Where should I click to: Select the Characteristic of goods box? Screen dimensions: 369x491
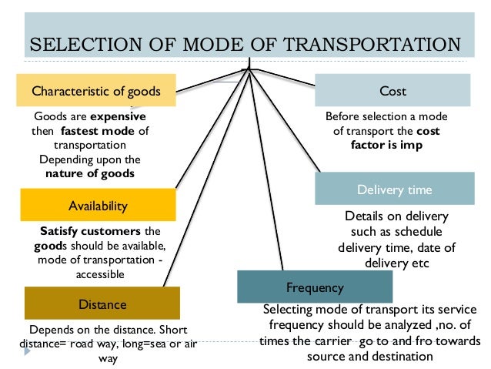click(x=95, y=91)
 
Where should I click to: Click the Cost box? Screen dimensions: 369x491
click(x=392, y=91)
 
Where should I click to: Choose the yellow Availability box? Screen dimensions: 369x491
click(x=98, y=206)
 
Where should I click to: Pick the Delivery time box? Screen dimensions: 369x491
click(x=394, y=189)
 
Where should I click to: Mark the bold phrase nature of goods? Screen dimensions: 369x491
click(x=90, y=173)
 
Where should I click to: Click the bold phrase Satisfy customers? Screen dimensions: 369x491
click(x=92, y=231)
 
